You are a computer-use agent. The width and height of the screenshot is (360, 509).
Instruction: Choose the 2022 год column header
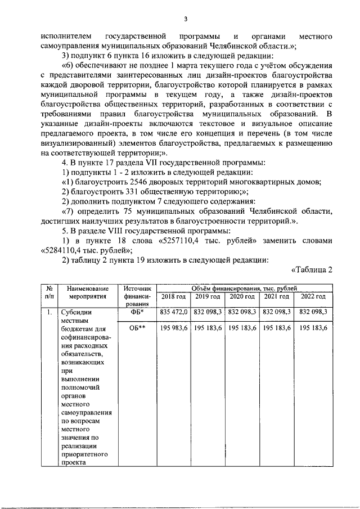tap(313, 296)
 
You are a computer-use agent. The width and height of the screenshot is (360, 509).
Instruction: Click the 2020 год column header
tap(241, 296)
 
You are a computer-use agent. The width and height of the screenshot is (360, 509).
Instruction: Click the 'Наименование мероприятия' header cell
tap(87, 292)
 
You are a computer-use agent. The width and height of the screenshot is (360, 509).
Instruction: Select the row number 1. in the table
tap(49, 312)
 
